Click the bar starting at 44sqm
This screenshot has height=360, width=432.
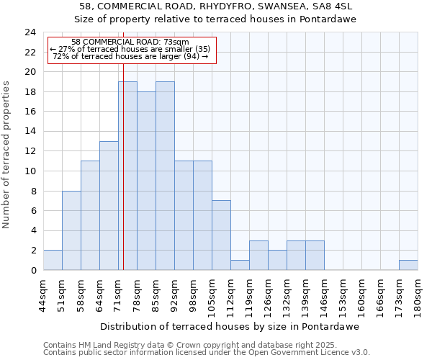(x=53, y=260)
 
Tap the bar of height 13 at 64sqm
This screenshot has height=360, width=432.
(x=109, y=206)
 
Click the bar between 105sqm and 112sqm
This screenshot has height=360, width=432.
(x=221, y=235)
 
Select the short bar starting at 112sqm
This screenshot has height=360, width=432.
(x=240, y=265)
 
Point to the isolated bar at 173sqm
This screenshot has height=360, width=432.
(x=408, y=265)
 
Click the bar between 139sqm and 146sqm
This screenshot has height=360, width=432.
(x=315, y=256)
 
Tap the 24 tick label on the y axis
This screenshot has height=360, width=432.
(x=30, y=32)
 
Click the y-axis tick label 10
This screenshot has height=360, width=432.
(x=30, y=171)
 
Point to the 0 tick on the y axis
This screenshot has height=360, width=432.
(x=32, y=271)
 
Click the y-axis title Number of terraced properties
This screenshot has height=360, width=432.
(x=7, y=155)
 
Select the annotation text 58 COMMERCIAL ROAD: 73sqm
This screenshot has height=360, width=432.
(x=130, y=42)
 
